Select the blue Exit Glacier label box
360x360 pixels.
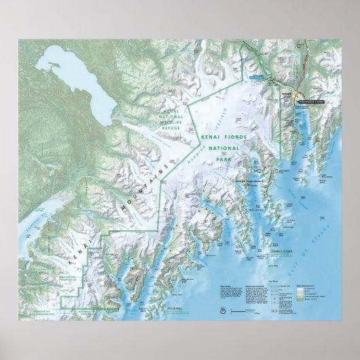point(257,78)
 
